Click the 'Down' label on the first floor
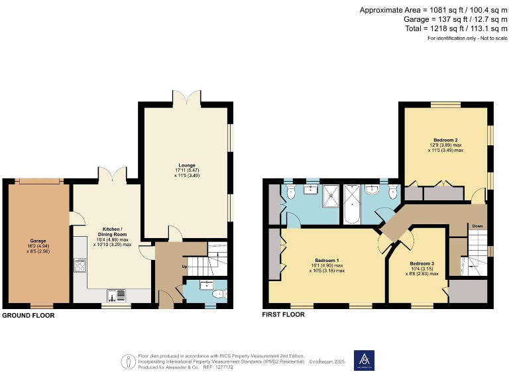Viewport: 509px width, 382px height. tap(477, 226)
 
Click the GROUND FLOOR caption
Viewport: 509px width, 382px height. tap(28, 316)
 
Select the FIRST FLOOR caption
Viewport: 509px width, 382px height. tap(284, 315)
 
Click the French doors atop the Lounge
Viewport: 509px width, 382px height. tap(186, 97)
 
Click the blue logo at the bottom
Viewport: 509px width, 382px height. tap(364, 360)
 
